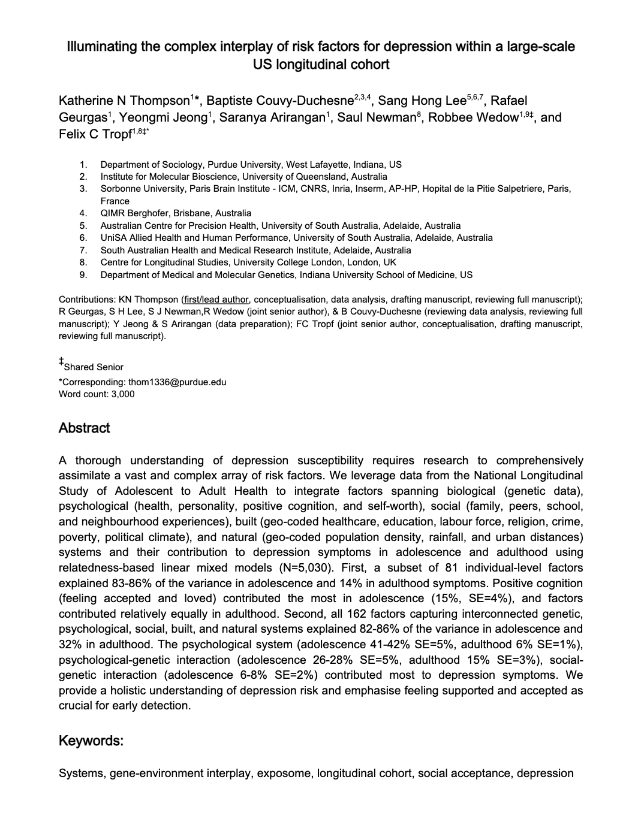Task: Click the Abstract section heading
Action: coord(84,428)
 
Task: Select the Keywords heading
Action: coord(91,741)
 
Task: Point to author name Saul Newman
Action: coord(377,117)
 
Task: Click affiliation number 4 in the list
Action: coord(83,213)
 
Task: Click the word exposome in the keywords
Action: coord(284,773)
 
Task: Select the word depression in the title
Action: coord(416,47)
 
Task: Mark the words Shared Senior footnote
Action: coord(94,367)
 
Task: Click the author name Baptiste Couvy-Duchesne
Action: coord(280,101)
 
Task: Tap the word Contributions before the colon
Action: coord(86,299)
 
